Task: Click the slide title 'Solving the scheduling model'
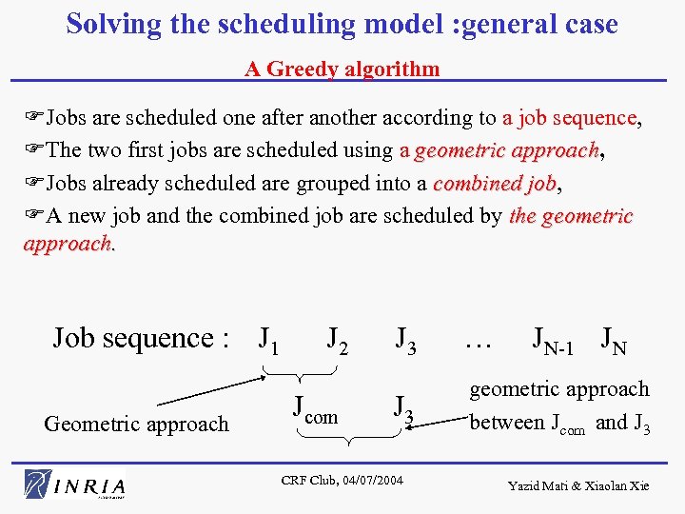(x=342, y=24)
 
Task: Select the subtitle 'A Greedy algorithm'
(x=342, y=69)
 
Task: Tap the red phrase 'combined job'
(x=494, y=184)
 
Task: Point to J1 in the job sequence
(x=269, y=338)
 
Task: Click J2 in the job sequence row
(x=337, y=338)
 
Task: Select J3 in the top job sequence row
(x=405, y=338)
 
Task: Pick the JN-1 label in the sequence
(x=553, y=340)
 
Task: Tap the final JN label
(x=614, y=339)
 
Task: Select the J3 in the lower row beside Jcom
(x=404, y=410)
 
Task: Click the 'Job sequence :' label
(x=141, y=338)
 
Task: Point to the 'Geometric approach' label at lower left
(x=136, y=424)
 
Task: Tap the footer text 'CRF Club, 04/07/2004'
(x=342, y=480)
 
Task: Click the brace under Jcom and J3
(x=349, y=438)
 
